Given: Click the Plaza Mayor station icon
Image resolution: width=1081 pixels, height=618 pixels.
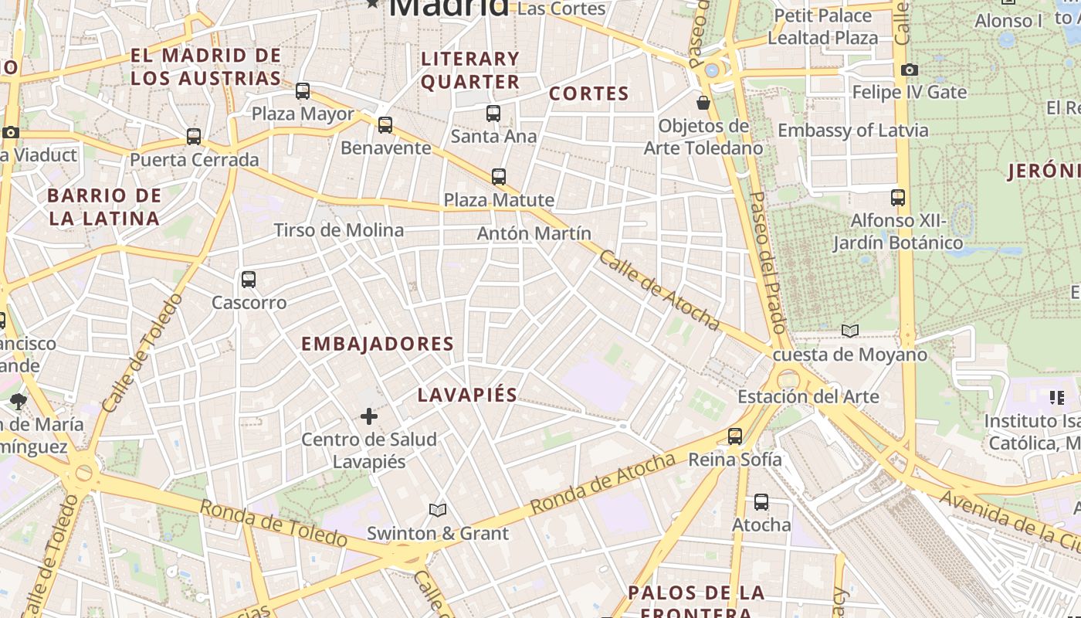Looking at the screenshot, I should click(303, 91).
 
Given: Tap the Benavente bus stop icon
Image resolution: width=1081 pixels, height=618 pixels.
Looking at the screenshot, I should click(385, 124).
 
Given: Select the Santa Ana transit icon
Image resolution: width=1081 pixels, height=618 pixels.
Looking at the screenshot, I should click(493, 114).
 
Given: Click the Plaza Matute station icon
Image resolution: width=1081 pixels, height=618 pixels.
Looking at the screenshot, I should click(499, 177).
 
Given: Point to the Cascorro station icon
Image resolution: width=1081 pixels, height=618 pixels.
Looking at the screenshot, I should click(249, 280).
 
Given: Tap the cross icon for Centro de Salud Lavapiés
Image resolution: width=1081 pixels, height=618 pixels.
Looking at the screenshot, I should click(369, 416).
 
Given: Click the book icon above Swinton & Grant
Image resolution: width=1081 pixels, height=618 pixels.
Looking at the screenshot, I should click(438, 510).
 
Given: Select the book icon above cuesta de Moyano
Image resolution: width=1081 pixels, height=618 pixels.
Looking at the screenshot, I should click(850, 331).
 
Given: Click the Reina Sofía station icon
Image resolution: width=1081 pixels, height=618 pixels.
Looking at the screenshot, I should click(735, 436).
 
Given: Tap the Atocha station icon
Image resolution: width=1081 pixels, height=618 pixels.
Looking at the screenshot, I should click(761, 502).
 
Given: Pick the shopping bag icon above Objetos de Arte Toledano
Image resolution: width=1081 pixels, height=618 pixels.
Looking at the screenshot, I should click(703, 102).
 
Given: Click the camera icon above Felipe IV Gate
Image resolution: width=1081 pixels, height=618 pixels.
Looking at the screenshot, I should click(909, 70).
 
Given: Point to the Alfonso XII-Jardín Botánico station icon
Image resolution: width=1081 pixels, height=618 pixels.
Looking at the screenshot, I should click(897, 198).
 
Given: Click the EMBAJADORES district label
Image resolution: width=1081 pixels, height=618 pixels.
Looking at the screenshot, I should click(377, 345).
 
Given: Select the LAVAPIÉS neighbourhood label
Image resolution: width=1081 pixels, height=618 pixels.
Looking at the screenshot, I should click(467, 395).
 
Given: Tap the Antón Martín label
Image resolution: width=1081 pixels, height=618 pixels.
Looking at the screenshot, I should click(534, 233).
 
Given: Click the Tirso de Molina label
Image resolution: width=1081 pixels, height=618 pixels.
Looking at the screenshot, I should click(339, 230).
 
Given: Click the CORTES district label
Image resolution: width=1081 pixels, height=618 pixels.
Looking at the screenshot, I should click(589, 94).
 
